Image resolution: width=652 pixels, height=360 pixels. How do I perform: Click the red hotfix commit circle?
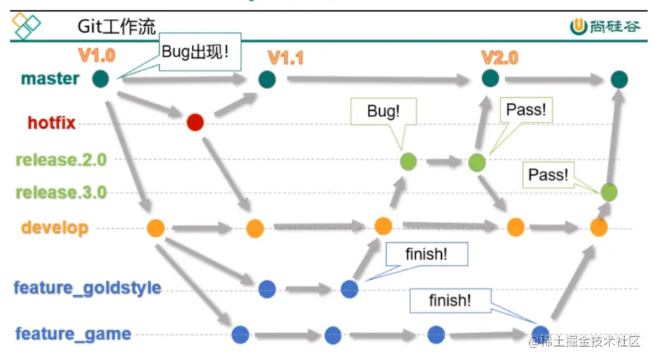[195, 123]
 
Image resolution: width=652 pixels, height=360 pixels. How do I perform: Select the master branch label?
[50, 78]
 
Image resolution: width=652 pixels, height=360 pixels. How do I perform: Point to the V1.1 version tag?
[285, 59]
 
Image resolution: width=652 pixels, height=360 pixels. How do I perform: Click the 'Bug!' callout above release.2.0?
[383, 111]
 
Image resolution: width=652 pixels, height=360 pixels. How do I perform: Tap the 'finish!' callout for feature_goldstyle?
[426, 255]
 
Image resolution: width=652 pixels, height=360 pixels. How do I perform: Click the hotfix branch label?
[51, 123]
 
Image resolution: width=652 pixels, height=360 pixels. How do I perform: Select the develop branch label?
[54, 227]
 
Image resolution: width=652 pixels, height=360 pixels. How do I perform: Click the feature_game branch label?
[73, 333]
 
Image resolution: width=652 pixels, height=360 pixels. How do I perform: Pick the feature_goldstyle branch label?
[87, 287]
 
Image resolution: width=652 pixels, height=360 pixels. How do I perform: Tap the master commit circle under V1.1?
[267, 80]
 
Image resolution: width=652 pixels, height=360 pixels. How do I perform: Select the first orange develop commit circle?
[155, 227]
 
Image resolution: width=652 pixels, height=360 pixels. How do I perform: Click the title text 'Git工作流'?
[116, 27]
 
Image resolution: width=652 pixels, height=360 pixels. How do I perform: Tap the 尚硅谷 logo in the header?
[605, 26]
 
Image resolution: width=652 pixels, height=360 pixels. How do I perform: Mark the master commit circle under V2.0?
[490, 77]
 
